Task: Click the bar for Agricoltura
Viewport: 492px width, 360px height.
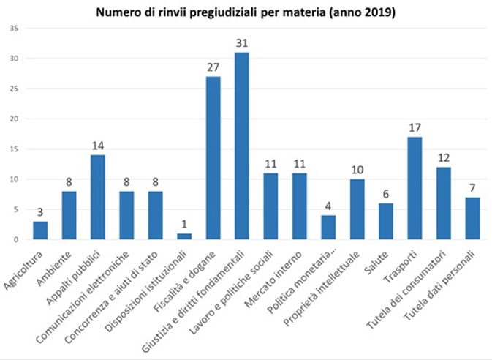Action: (39, 230)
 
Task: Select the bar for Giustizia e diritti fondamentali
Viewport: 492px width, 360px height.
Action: (242, 146)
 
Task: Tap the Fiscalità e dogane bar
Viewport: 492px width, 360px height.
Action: (213, 158)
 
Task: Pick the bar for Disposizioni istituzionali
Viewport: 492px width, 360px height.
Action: (184, 236)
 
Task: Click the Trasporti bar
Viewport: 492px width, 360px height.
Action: (415, 188)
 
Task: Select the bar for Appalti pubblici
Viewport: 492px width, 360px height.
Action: (97, 198)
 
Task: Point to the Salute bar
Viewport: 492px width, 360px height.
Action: (386, 221)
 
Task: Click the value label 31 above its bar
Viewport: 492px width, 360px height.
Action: (242, 43)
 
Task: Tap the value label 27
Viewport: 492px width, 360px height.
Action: (213, 67)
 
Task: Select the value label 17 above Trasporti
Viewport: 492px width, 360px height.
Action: (415, 127)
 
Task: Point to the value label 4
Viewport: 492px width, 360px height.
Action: (328, 206)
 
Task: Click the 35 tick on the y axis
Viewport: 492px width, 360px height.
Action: (15, 29)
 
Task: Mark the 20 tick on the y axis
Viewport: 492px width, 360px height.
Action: (15, 119)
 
